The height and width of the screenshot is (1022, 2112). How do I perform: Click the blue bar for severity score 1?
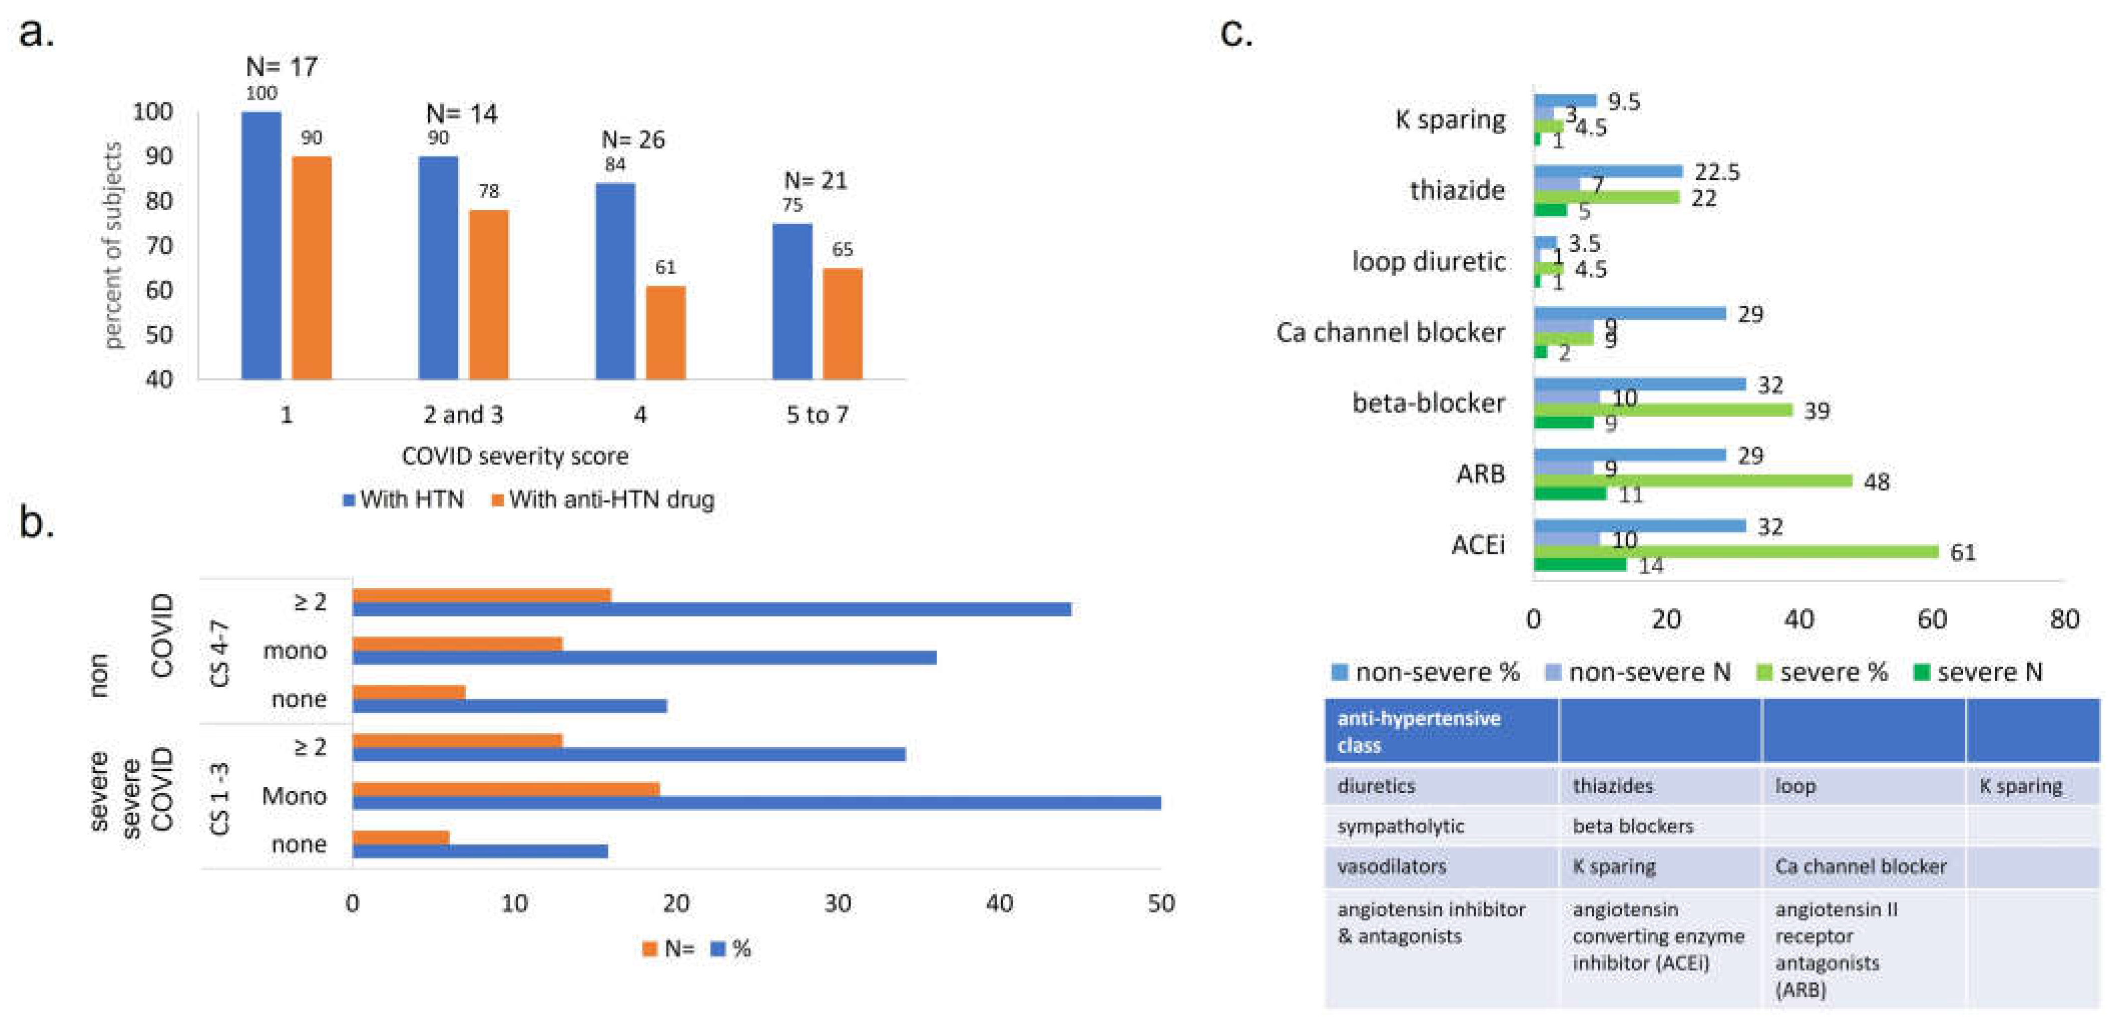[261, 245]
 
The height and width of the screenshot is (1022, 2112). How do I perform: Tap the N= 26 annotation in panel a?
[633, 139]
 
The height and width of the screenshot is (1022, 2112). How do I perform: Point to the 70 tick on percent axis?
[159, 245]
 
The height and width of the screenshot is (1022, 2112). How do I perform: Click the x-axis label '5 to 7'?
[816, 415]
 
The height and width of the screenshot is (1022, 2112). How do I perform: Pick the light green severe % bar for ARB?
[1692, 481]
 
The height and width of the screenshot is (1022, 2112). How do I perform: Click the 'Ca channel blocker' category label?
[1390, 332]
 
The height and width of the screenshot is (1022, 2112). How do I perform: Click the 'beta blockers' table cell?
[1632, 826]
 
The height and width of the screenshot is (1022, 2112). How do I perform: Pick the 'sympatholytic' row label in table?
[1400, 826]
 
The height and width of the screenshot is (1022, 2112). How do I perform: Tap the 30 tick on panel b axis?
[837, 904]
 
